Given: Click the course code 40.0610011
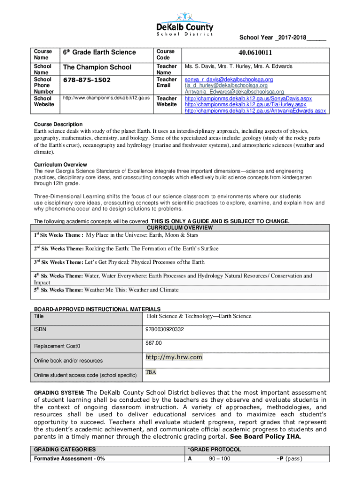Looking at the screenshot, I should click(256, 53).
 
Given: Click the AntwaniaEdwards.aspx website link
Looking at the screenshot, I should click(255, 111).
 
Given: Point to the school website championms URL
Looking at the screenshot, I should click(107, 98).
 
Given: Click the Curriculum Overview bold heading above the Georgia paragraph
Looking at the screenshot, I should click(60, 165).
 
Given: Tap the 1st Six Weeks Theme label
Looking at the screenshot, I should click(58, 235).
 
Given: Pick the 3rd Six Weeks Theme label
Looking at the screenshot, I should click(58, 262).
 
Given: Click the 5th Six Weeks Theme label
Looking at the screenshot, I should click(58, 290).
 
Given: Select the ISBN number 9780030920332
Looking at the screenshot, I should click(165, 330).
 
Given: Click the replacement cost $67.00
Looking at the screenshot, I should click(154, 343).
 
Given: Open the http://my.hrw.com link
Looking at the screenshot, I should click(174, 357).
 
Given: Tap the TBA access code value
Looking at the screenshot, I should click(151, 372).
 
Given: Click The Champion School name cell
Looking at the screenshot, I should click(97, 67).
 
